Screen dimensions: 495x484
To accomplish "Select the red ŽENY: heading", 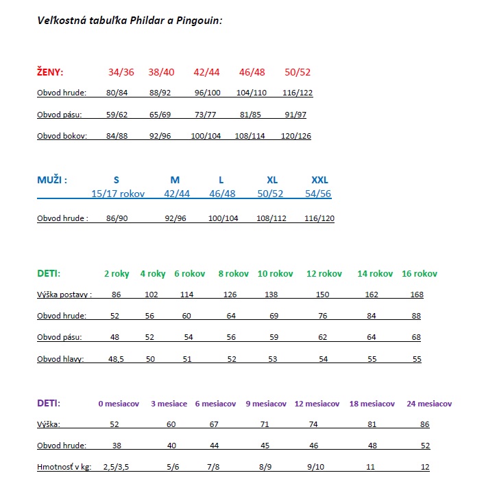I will pyautogui.click(x=50, y=71).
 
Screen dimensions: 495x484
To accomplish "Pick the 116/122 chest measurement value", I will pyautogui.click(x=297, y=93).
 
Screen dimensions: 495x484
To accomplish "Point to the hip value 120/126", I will pyautogui.click(x=295, y=136).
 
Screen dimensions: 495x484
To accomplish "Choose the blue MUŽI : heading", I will pyautogui.click(x=52, y=180).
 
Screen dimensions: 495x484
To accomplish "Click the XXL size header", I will pyautogui.click(x=319, y=180).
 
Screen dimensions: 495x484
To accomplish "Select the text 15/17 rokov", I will pyautogui.click(x=118, y=194).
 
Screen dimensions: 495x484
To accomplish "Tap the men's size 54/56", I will pyautogui.click(x=317, y=194).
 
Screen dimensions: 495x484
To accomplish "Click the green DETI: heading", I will pyautogui.click(x=49, y=273).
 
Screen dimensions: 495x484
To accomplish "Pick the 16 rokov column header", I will pyautogui.click(x=419, y=273).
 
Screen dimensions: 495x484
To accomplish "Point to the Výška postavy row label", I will pyautogui.click(x=64, y=295).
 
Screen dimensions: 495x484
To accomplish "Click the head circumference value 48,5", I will pyautogui.click(x=117, y=359).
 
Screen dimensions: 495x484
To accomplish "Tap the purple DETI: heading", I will pyautogui.click(x=49, y=403).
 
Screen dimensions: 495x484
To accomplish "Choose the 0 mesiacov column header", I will pyautogui.click(x=118, y=404).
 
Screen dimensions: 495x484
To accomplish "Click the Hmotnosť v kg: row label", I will pyautogui.click(x=64, y=467).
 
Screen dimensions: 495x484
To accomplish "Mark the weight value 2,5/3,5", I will pyautogui.click(x=117, y=467).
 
